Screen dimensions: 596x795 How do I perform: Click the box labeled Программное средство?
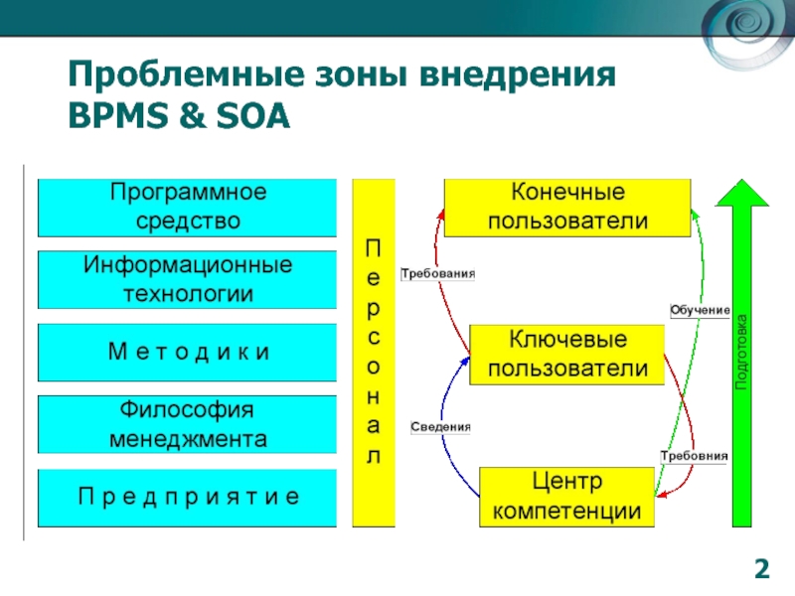[188, 208]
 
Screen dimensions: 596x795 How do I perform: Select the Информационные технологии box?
[188, 280]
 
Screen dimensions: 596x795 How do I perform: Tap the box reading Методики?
[188, 353]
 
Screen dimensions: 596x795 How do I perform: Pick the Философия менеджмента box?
[188, 424]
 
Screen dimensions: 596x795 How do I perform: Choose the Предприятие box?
[188, 497]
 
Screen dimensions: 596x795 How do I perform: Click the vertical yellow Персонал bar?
[374, 353]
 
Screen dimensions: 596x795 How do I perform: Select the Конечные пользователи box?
[567, 208]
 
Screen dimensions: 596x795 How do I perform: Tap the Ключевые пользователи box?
[567, 355]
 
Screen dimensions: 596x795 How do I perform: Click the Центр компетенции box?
[567, 498]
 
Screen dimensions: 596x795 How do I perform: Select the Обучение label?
[701, 312]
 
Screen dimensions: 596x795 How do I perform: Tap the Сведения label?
[440, 427]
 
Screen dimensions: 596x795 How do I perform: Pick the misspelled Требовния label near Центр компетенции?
[695, 456]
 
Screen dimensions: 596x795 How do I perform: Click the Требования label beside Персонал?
[437, 273]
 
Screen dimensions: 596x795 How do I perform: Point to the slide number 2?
[761, 569]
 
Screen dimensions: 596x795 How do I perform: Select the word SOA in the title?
[253, 117]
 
